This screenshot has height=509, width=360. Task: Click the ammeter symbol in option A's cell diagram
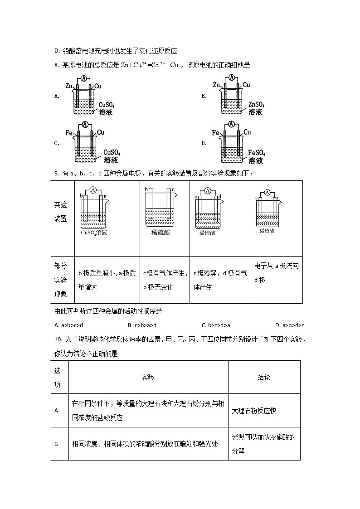pyautogui.click(x=84, y=78)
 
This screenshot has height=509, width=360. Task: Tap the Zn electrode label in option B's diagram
pyautogui.click(x=216, y=85)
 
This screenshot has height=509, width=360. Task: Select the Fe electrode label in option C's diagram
pyautogui.click(x=69, y=133)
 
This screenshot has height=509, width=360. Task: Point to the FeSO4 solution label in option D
pyautogui.click(x=257, y=154)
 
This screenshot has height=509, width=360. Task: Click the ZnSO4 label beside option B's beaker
pyautogui.click(x=257, y=105)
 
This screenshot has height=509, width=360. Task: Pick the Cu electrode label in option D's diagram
pyautogui.click(x=247, y=132)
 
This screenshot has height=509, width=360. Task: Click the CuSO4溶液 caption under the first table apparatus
pyautogui.click(x=94, y=233)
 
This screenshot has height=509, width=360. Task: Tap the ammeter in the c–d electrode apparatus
pyautogui.click(x=208, y=191)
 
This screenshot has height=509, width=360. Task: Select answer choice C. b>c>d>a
pyautogui.click(x=216, y=325)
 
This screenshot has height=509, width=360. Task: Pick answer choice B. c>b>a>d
pyautogui.click(x=142, y=325)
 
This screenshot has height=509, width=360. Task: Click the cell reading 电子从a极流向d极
pyautogui.click(x=276, y=273)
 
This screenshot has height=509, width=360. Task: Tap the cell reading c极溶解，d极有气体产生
pyautogui.click(x=220, y=280)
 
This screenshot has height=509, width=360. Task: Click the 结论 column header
pyautogui.click(x=264, y=377)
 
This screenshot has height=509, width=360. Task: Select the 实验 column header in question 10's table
pyautogui.click(x=148, y=377)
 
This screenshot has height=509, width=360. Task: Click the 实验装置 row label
pyautogui.click(x=60, y=211)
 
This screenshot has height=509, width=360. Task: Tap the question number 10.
pyautogui.click(x=57, y=339)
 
